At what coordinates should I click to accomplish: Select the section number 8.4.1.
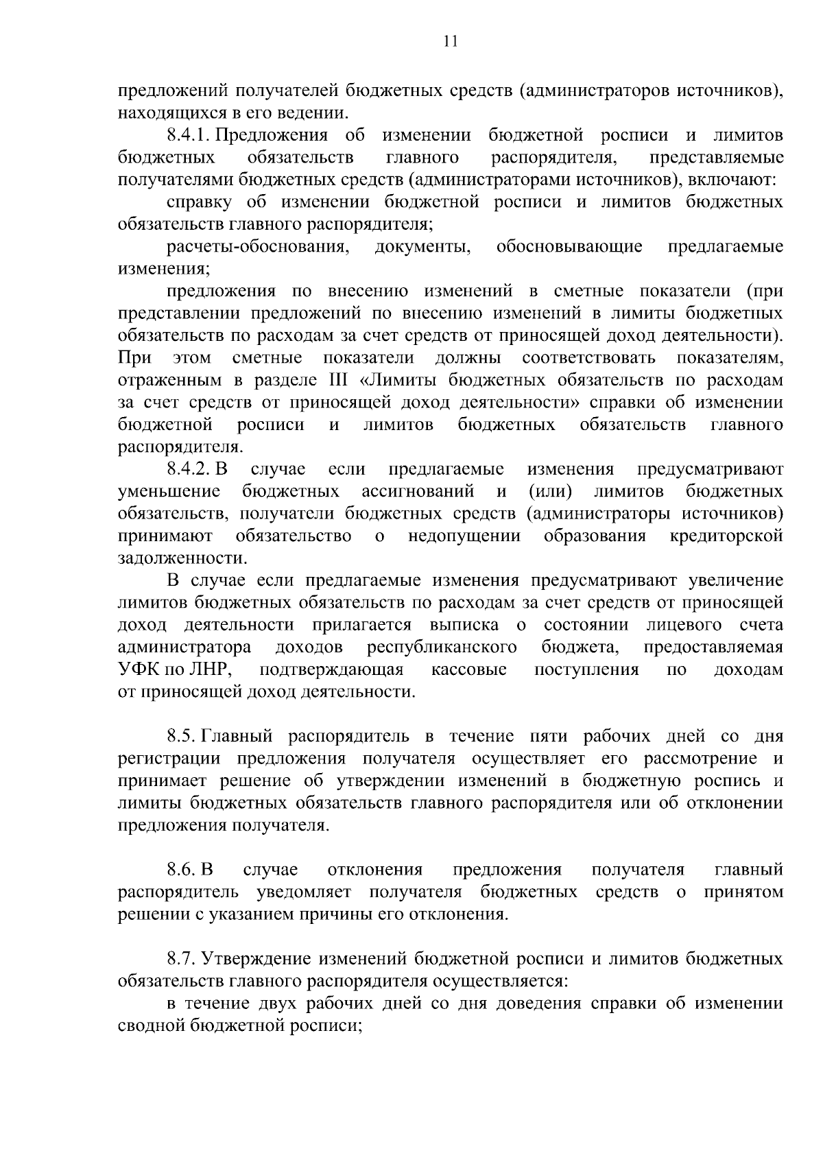(188, 135)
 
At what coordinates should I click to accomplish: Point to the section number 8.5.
(182, 737)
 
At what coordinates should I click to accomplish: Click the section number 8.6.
(182, 870)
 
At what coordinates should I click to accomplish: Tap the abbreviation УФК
(139, 670)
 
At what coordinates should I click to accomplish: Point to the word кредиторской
(726, 536)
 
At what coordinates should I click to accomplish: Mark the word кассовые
(469, 670)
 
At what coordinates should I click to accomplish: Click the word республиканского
(442, 648)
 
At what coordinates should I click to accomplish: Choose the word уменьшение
(169, 492)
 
